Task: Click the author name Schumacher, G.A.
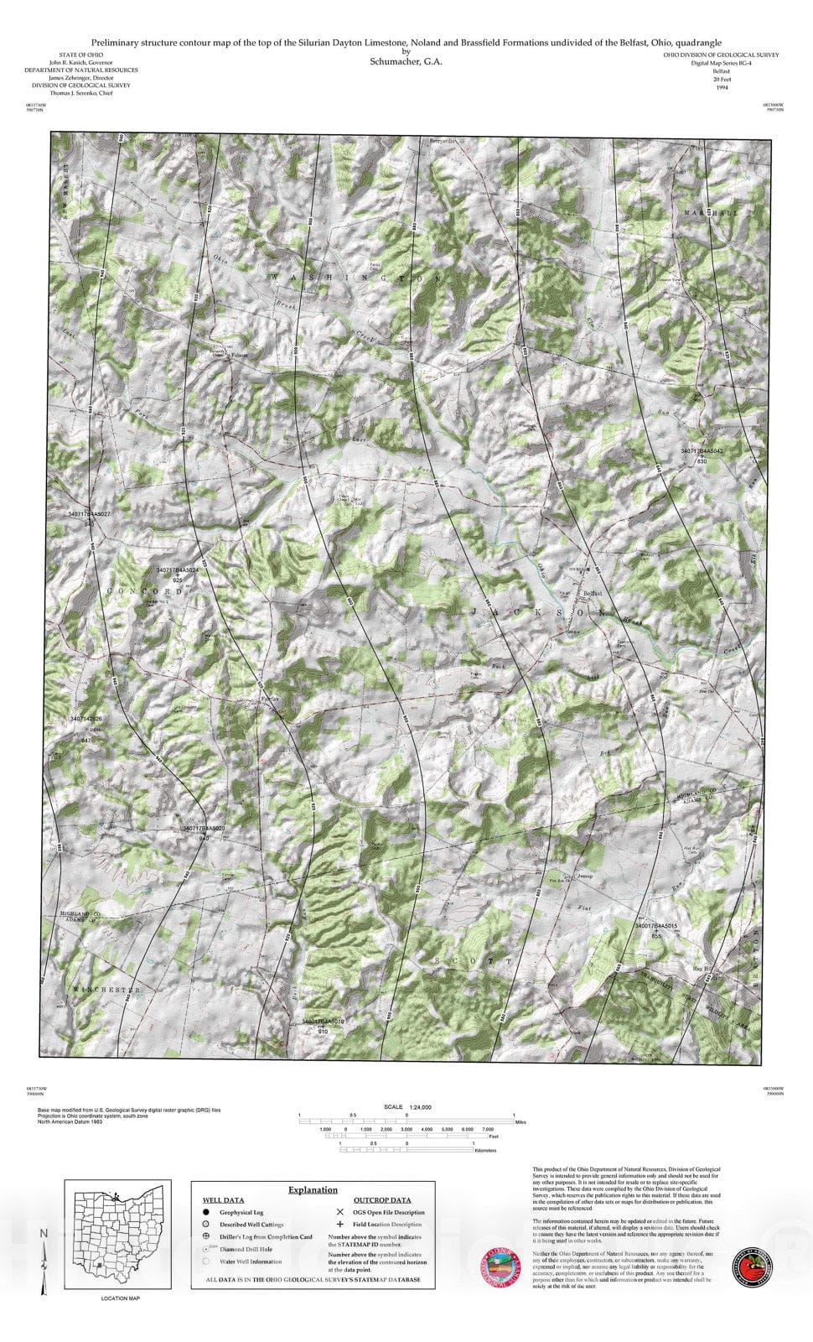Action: (x=406, y=61)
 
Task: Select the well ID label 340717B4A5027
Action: (x=89, y=512)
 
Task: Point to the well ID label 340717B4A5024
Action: (x=177, y=570)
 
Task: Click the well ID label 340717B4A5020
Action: (x=204, y=828)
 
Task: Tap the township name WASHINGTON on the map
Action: (x=355, y=277)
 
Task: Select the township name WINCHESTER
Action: (x=106, y=991)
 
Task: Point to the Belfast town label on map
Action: (x=593, y=593)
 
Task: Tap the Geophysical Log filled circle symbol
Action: (x=205, y=1212)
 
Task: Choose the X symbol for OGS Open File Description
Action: (x=339, y=1212)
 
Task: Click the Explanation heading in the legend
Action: (x=313, y=1189)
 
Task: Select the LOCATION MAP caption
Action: (x=120, y=1298)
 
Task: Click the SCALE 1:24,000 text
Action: (x=406, y=1107)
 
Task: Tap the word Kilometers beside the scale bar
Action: (x=485, y=1151)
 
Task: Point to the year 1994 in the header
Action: (x=722, y=86)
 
